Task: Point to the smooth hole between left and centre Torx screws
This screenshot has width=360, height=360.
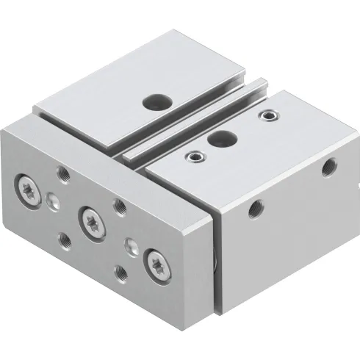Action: (x=54, y=199)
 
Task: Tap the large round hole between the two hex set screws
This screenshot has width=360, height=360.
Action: (x=217, y=136)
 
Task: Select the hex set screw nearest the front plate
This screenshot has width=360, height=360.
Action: (x=195, y=155)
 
